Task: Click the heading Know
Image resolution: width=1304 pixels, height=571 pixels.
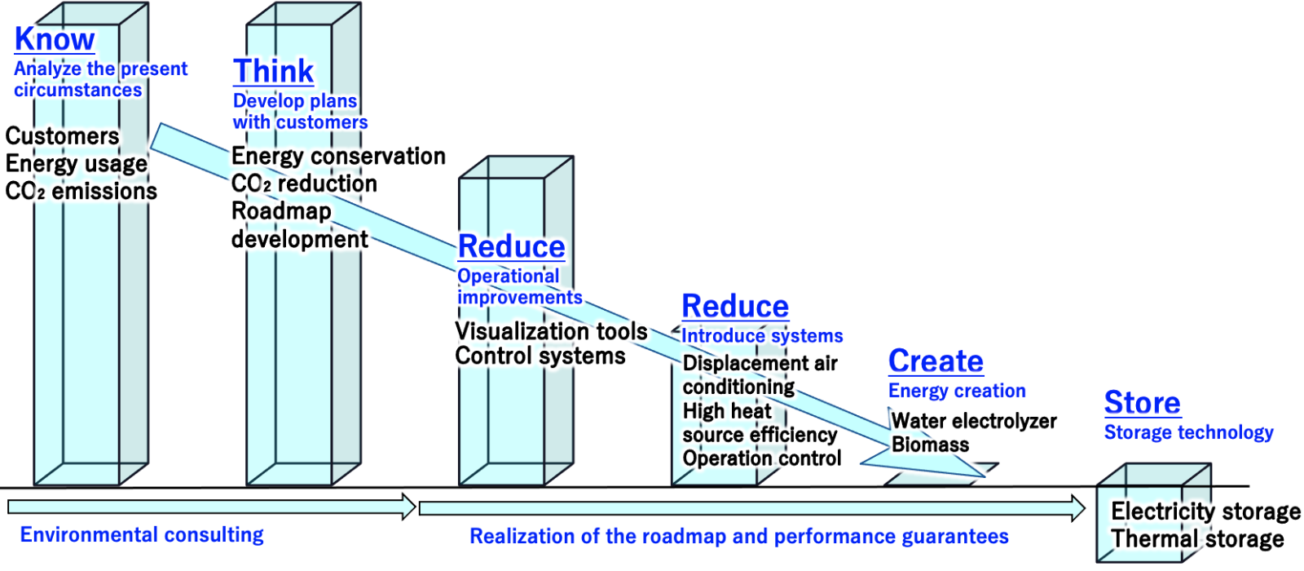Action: [x=55, y=39]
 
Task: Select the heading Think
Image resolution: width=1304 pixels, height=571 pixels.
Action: [x=274, y=71]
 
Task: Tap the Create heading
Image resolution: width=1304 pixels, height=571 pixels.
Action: [x=936, y=361]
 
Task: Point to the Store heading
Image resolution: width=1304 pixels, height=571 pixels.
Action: [x=1143, y=402]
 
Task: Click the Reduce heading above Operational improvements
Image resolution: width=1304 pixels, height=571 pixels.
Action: [x=512, y=246]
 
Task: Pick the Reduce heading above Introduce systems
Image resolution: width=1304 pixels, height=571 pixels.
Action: [x=735, y=306]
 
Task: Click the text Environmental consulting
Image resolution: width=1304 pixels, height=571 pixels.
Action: [x=142, y=535]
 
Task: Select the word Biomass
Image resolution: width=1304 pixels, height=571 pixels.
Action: [x=930, y=445]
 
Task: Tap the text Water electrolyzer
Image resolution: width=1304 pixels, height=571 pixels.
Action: [x=974, y=421]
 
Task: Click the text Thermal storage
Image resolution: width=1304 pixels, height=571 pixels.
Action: [x=1197, y=539]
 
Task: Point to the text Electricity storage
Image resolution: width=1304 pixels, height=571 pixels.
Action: [x=1205, y=511]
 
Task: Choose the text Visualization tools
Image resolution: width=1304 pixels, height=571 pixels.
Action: [x=551, y=331]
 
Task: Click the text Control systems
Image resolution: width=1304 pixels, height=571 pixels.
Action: [x=540, y=356]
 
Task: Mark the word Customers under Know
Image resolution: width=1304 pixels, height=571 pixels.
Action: [x=62, y=135]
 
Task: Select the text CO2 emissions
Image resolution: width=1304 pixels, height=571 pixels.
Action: [x=81, y=191]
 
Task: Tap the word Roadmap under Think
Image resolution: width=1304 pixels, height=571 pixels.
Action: [x=282, y=211]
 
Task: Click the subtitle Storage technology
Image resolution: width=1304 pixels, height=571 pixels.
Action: [x=1189, y=432]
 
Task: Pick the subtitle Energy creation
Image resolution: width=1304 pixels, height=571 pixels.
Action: [x=957, y=391]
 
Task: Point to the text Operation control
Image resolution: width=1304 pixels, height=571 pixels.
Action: [x=762, y=458]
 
